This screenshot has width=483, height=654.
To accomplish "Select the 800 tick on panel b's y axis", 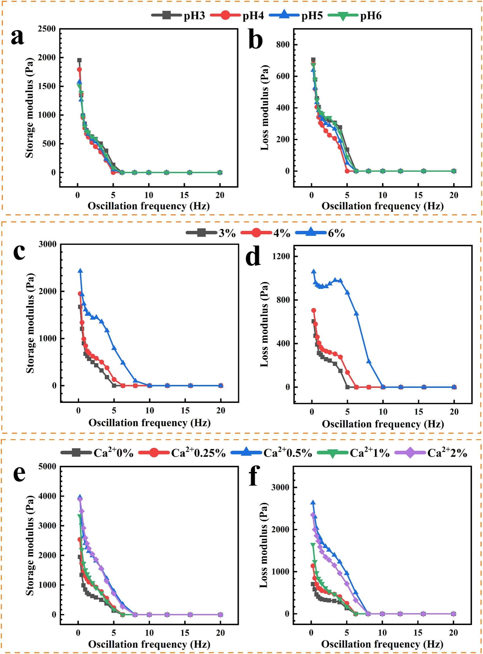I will (283, 45).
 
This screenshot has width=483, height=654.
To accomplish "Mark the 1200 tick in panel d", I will (281, 256).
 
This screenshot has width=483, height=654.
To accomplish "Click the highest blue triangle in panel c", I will (80, 271).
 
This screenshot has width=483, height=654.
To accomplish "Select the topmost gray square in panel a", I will (79, 60).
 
